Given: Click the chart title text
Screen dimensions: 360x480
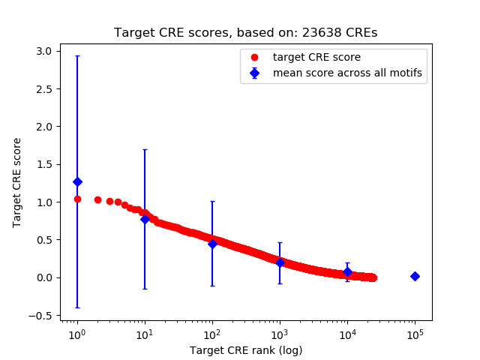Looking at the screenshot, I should pos(245,33).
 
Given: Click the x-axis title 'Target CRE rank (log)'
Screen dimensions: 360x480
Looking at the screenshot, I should pos(245,349).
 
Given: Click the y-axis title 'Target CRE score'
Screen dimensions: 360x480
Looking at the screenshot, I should pos(17,182).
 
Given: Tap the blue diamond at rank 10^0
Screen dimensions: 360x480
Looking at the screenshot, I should pos(77,181).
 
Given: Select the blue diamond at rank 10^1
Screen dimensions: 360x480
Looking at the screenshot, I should pos(145,219).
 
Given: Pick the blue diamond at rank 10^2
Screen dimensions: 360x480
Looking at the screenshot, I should pos(212,244).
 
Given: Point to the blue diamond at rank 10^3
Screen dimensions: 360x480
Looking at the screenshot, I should pos(280,262).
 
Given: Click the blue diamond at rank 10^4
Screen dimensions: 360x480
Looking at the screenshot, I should pos(347,271).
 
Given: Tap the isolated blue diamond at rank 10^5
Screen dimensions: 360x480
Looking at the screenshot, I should pos(415,276).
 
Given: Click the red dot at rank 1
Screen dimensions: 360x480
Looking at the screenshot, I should pos(77,199).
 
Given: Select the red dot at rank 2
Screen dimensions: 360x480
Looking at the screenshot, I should pos(97,199).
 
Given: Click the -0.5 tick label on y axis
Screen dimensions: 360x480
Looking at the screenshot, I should pos(40,316).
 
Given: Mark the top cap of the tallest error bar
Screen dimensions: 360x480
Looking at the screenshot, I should pos(77,55).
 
